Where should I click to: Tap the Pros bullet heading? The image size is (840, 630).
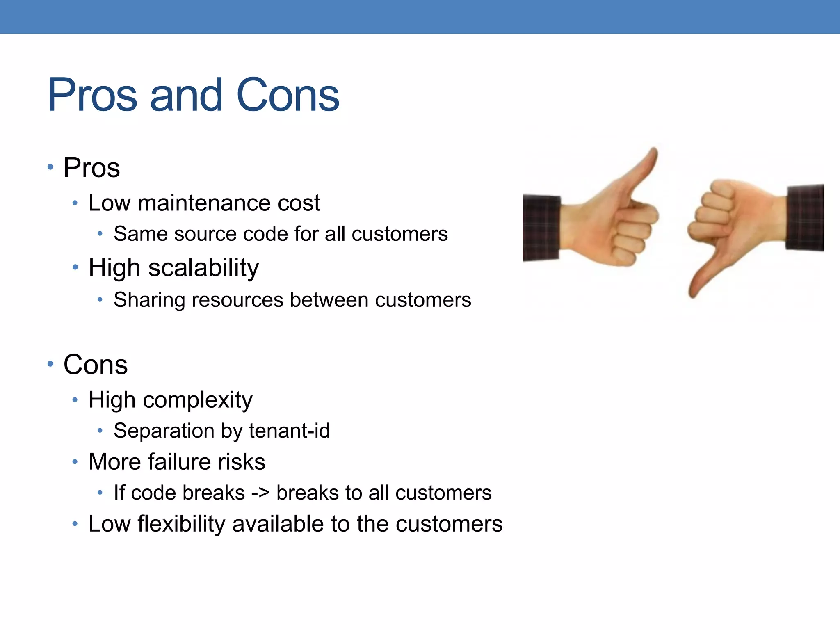91,168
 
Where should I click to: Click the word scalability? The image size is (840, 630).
203,268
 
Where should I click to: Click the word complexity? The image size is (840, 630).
197,400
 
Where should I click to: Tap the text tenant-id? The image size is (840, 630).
289,431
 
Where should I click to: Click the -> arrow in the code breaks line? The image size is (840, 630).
260,493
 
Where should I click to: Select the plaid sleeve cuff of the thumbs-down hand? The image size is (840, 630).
805,217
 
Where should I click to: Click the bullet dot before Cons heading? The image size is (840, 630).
50,364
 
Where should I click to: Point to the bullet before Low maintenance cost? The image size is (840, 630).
75,203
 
